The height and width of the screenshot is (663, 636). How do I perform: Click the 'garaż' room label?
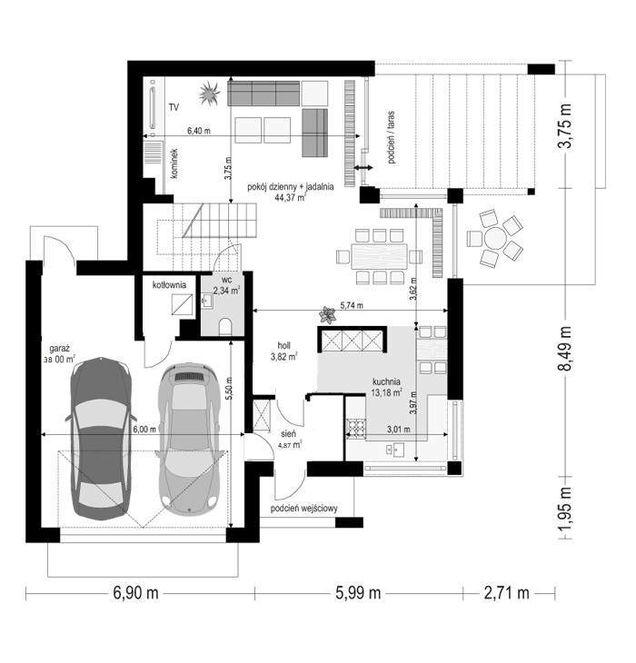(59, 349)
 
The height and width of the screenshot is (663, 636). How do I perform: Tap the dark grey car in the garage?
(101, 439)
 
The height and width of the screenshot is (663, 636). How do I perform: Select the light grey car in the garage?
(189, 438)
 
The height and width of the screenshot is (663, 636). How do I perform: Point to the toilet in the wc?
(226, 327)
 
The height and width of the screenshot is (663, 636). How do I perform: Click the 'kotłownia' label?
(169, 285)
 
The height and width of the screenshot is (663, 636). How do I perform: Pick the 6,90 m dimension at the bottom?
(135, 593)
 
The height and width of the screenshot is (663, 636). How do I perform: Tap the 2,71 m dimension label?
(506, 593)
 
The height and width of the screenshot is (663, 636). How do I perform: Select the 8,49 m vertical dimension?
(564, 348)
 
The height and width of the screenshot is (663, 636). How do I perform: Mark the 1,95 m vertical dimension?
(564, 510)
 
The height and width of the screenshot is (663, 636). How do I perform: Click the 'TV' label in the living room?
(174, 107)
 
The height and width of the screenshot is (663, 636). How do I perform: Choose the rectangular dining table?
(379, 256)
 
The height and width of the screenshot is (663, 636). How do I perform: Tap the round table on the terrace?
(495, 240)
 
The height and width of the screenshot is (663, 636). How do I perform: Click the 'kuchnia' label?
(386, 381)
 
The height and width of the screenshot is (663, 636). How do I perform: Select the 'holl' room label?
(283, 346)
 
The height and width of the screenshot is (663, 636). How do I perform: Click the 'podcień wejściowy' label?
(304, 509)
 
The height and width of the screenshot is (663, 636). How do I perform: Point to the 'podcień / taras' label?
(391, 137)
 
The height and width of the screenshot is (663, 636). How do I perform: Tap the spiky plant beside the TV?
(209, 93)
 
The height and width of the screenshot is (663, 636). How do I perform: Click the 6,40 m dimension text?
(199, 131)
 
